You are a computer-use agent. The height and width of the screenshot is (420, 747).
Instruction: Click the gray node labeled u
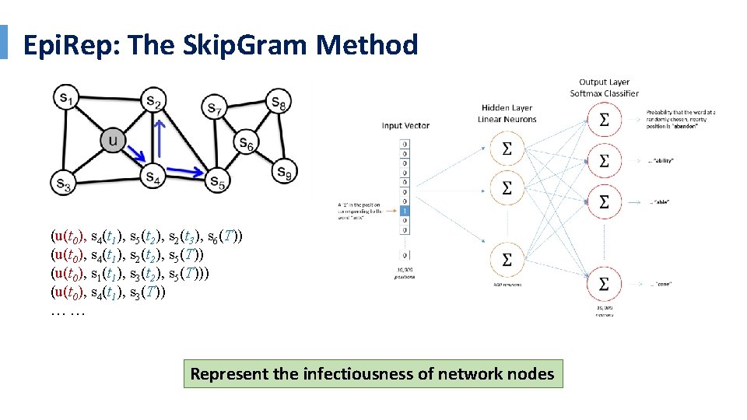[x=113, y=141]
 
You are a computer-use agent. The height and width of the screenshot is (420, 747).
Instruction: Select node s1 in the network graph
[x=65, y=97]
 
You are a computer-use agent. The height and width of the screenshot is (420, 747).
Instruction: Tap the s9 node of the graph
[x=284, y=171]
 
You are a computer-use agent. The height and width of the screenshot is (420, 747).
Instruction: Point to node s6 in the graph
[x=246, y=142]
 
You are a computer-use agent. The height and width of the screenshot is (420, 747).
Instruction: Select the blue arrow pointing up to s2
[x=158, y=142]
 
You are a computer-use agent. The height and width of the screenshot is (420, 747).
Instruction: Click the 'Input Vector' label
[x=405, y=125]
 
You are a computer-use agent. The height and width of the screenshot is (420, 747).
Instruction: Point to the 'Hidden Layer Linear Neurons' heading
[x=506, y=114]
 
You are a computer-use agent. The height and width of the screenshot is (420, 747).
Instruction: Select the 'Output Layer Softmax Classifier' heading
[x=604, y=88]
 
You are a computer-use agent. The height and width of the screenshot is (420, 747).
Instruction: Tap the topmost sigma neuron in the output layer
[x=603, y=121]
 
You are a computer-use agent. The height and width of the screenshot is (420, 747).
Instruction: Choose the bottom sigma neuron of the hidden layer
[x=507, y=260]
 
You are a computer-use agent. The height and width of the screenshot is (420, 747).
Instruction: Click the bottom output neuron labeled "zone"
[x=603, y=285]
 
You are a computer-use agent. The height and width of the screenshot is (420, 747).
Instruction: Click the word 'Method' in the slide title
[x=366, y=45]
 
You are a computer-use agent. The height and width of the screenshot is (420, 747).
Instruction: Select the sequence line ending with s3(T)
[x=107, y=293]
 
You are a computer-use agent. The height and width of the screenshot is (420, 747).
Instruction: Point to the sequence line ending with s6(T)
[x=146, y=236]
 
